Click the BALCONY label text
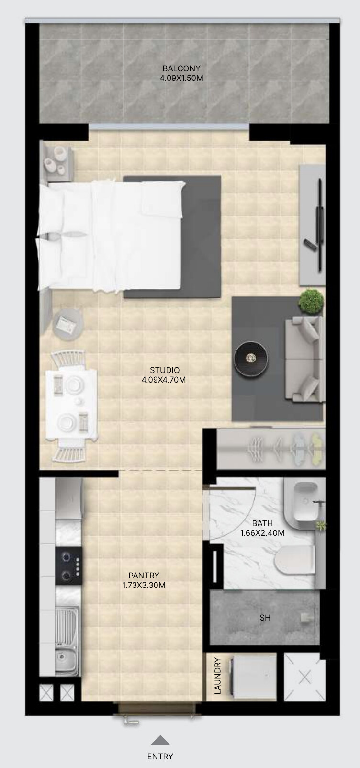click(181, 68)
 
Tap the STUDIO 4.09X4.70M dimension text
click(164, 380)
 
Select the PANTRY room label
click(144, 576)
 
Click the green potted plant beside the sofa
click(311, 301)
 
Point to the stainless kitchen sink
click(67, 639)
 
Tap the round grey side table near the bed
click(68, 324)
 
